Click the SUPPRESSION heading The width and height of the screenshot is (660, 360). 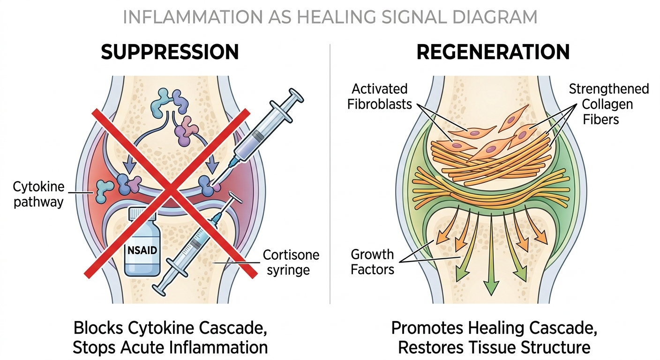point(170,52)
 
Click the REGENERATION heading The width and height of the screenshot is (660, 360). point(493,52)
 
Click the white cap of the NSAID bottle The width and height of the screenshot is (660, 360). point(142,213)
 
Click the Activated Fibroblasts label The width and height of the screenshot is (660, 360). point(380,96)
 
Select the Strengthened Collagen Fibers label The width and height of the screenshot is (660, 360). point(608,104)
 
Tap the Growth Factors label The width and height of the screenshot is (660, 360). point(373,262)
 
